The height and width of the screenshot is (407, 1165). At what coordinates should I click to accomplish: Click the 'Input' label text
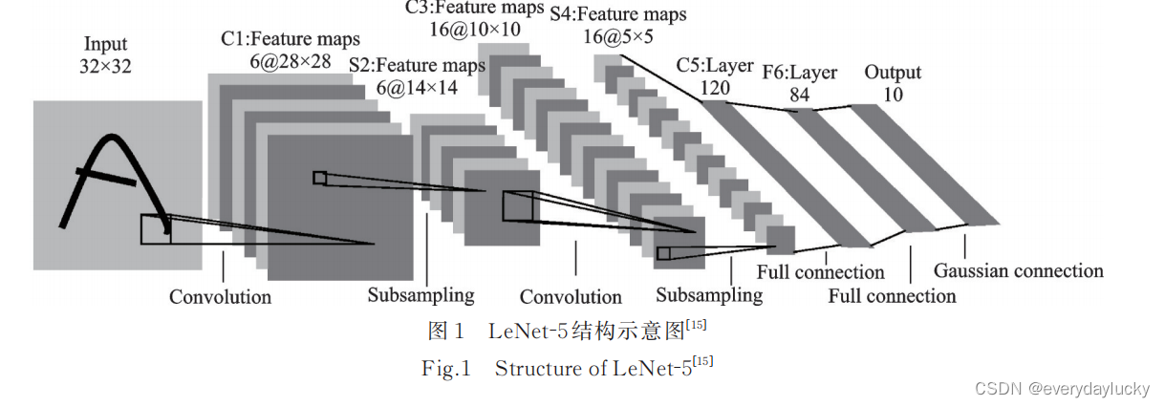pos(105,44)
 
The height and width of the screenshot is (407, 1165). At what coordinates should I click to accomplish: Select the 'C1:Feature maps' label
pos(290,39)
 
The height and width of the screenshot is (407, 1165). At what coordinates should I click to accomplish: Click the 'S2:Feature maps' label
pos(417,65)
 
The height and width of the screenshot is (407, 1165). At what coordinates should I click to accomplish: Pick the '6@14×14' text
pos(417,87)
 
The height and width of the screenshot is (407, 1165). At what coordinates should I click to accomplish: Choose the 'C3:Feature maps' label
pos(475,8)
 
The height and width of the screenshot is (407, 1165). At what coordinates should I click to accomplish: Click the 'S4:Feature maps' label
pos(618,14)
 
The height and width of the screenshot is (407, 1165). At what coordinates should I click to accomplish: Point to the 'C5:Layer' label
pos(715,66)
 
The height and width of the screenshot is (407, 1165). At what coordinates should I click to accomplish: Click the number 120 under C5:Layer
pos(715,88)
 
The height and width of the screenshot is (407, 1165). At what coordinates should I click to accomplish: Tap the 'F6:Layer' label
pos(800,73)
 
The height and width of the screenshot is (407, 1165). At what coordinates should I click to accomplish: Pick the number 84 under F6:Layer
pos(800,95)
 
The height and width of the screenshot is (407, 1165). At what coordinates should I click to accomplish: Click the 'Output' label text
pos(893,73)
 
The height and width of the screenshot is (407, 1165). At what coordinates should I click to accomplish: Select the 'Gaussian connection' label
pos(1018,270)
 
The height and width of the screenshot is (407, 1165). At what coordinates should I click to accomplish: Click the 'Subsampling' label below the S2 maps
pos(421,294)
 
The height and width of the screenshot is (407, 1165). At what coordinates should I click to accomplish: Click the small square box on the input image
pos(156,228)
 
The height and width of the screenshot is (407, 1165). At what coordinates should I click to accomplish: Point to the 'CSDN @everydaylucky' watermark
pos(1063,389)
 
